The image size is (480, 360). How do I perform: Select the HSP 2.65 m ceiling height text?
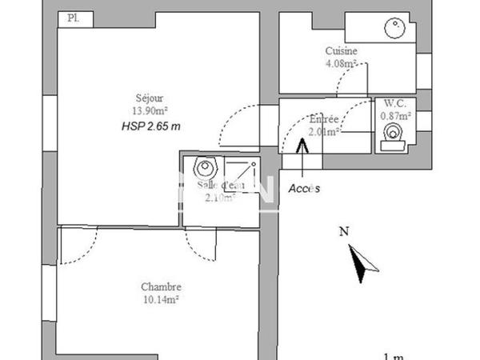pyautogui.click(x=151, y=126)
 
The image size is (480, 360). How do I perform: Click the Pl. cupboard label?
pyautogui.click(x=73, y=17)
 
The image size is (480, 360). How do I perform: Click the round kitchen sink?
pyautogui.click(x=394, y=28)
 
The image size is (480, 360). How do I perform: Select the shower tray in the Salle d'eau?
pyautogui.click(x=239, y=180)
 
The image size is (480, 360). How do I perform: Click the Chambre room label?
pyautogui.click(x=161, y=287)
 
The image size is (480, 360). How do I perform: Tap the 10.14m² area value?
pyautogui.click(x=161, y=300)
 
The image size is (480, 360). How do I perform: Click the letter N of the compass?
pyautogui.click(x=343, y=233)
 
